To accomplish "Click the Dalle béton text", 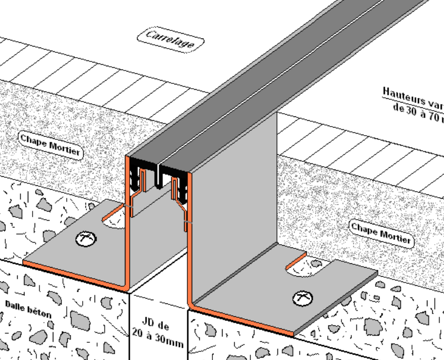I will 28,309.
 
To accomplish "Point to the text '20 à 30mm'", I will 157,338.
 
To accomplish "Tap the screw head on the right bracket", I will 303,298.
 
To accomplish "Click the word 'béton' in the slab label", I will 40,312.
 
